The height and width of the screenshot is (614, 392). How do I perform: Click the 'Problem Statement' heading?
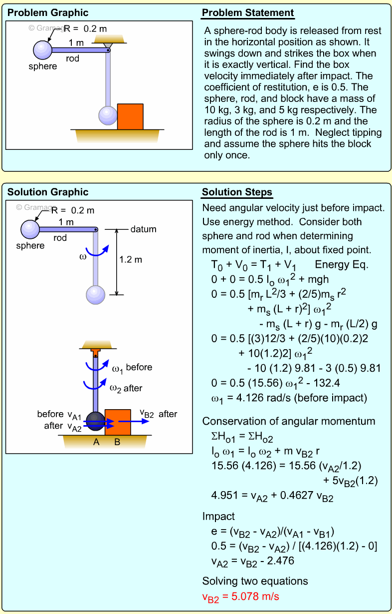248,13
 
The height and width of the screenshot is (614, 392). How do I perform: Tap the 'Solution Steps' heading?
237,192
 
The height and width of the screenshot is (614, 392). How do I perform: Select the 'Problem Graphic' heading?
48,13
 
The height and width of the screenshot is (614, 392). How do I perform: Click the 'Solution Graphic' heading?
48,192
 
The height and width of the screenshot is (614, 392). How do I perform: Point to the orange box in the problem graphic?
130,116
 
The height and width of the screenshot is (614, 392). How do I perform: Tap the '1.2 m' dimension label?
131,260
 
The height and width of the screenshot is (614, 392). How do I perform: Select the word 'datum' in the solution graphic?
144,229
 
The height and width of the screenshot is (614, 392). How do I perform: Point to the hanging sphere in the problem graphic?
107,115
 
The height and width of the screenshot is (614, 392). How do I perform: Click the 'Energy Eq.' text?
342,265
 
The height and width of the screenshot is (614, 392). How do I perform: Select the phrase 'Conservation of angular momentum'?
289,421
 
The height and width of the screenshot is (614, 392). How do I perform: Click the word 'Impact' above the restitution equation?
218,516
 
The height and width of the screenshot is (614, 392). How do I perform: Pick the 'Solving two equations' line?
255,581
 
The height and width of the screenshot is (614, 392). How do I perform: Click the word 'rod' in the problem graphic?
73,58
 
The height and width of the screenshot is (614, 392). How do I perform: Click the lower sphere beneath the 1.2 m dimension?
96,295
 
